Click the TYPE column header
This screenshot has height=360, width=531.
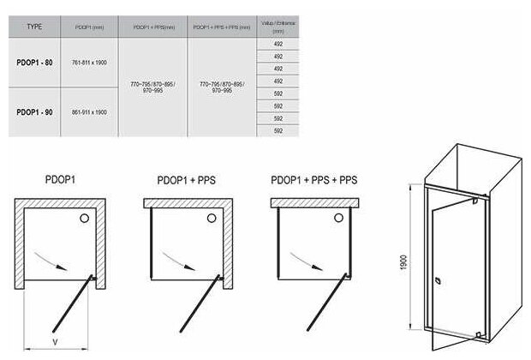tap(34, 27)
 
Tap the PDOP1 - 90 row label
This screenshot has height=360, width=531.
tap(34, 111)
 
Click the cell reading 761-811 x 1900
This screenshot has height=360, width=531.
tap(88, 63)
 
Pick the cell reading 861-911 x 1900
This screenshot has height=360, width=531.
tap(88, 111)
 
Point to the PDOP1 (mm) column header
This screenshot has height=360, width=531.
tap(88, 27)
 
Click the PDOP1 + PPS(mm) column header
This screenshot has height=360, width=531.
tap(152, 27)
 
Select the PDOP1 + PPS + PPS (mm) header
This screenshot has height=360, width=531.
tap(221, 27)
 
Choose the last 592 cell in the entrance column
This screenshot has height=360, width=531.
tap(277, 130)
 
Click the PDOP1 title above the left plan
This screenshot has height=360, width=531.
tap(62, 182)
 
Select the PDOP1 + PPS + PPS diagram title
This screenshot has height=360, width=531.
tap(313, 182)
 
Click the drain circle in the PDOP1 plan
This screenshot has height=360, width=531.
tap(84, 219)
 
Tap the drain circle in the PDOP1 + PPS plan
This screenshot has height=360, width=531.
tap(211, 219)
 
